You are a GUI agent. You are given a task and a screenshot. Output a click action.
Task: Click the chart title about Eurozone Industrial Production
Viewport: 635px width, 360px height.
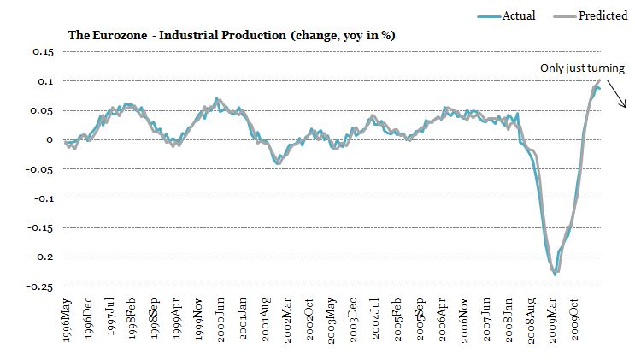click(231, 35)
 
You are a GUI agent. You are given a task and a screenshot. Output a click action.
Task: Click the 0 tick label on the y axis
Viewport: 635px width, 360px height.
click(51, 139)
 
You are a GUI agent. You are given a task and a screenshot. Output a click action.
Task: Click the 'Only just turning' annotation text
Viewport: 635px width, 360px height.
click(582, 68)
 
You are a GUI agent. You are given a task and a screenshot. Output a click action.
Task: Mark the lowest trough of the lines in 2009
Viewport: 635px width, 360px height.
click(555, 274)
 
